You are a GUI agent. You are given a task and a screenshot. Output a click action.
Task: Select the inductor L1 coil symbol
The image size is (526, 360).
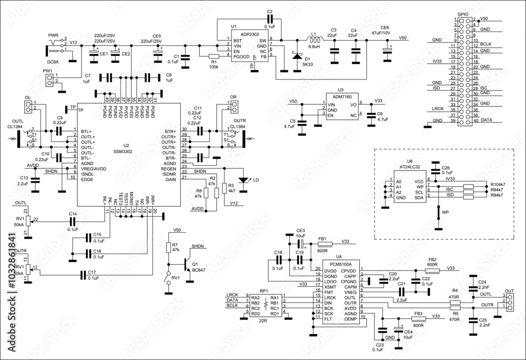coord(315,40)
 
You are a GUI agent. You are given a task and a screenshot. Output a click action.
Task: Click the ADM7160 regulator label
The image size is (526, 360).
coord(336,97)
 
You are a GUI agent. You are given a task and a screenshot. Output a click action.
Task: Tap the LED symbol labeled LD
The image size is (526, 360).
coord(243,180)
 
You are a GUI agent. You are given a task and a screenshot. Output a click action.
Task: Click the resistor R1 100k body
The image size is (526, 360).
coord(214,56)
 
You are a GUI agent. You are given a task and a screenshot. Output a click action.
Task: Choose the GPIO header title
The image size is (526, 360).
coord(463,14)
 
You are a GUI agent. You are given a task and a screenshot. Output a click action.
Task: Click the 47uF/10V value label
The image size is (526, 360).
coord(381,33)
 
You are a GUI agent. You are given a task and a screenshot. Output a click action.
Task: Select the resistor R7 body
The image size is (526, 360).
coord(168,248)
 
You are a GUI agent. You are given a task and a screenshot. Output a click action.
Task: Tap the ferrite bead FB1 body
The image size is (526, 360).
coord(326,245)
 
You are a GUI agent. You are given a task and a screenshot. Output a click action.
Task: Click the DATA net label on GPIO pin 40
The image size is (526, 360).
coord(487,121)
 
